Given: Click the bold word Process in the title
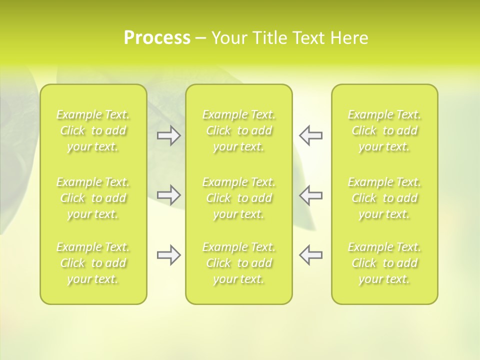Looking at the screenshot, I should pyautogui.click(x=157, y=38).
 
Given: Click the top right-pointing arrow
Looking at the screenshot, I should pyautogui.click(x=168, y=135).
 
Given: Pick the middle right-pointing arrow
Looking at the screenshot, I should pyautogui.click(x=168, y=195).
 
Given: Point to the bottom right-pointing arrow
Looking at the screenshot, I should pyautogui.click(x=168, y=255).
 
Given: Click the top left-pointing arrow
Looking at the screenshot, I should pyautogui.click(x=310, y=135).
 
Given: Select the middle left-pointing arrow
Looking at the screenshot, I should pyautogui.click(x=310, y=195).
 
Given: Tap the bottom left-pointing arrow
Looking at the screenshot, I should pyautogui.click(x=310, y=255).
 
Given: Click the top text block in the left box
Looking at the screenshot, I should pyautogui.click(x=93, y=130).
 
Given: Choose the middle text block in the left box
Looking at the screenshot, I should pyautogui.click(x=93, y=198).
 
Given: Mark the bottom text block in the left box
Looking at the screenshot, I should pyautogui.click(x=93, y=263).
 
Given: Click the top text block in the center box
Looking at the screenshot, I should pyautogui.click(x=238, y=130).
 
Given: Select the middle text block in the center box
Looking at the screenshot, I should pyautogui.click(x=238, y=198).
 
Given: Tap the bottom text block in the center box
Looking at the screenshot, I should pyautogui.click(x=238, y=263).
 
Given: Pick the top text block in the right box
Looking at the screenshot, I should pyautogui.click(x=384, y=130).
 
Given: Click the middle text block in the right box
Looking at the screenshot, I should pyautogui.click(x=384, y=198).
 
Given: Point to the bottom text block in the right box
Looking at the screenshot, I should pyautogui.click(x=384, y=263).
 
